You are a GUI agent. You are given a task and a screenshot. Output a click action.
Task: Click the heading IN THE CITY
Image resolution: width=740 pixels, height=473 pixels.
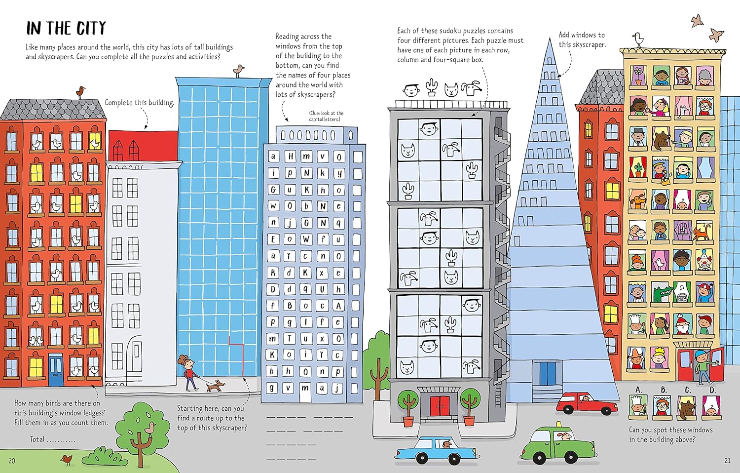click(x=66, y=28)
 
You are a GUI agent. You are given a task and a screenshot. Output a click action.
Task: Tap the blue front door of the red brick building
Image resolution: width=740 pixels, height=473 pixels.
click(x=56, y=369)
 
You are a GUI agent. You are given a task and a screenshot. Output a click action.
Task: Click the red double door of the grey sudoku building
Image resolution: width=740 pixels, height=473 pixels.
click(x=440, y=406)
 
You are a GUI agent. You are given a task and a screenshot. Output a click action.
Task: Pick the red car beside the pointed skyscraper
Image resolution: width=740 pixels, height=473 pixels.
click(x=587, y=403)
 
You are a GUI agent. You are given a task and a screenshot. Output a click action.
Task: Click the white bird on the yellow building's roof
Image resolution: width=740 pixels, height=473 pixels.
click(x=638, y=39)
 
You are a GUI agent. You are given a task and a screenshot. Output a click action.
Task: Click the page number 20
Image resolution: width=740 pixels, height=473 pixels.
click(x=12, y=461)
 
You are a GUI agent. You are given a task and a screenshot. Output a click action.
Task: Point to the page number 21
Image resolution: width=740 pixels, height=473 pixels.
click(x=727, y=461)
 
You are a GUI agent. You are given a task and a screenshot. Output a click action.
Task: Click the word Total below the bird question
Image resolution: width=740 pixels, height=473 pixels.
click(x=37, y=439)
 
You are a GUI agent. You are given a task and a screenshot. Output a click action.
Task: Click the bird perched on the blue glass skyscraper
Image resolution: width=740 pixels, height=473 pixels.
click(x=238, y=71)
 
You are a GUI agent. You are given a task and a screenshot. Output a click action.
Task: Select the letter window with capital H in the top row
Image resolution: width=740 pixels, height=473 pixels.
click(x=291, y=157)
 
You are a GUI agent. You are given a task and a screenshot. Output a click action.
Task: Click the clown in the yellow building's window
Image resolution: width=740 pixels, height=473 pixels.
click(x=704, y=261)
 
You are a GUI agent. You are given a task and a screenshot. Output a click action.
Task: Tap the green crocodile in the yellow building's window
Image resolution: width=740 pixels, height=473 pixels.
click(x=662, y=292)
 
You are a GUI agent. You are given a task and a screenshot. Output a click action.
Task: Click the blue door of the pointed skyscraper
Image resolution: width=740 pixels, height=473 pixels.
click(x=548, y=373)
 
